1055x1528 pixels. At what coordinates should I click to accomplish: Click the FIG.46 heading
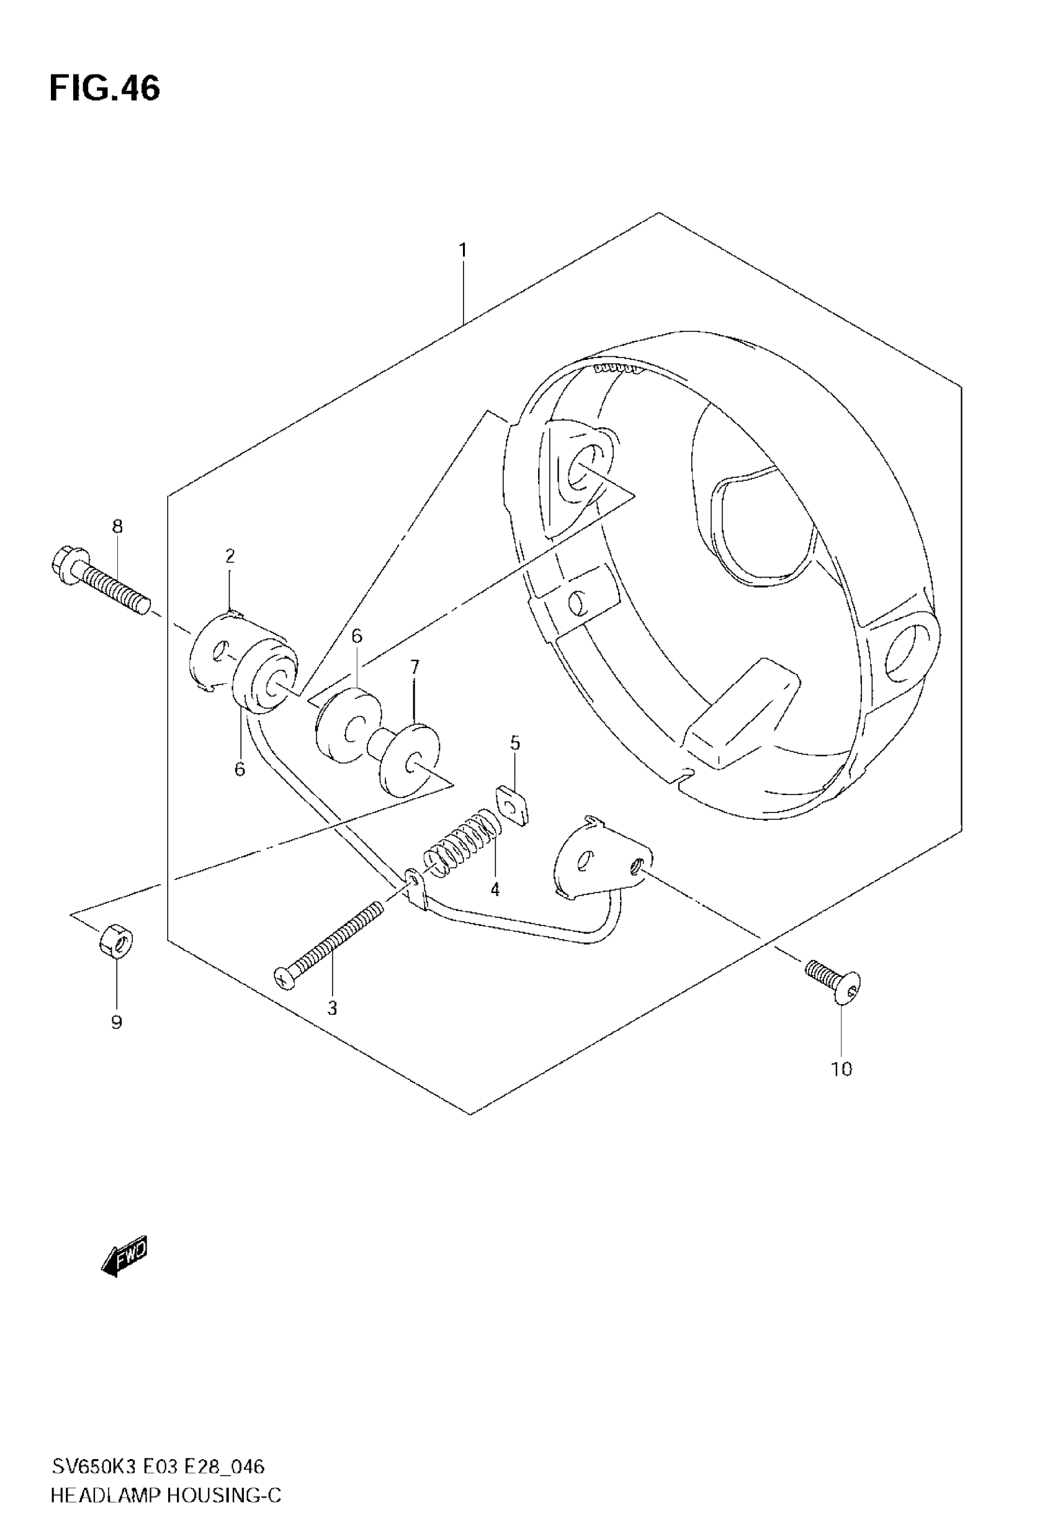104,89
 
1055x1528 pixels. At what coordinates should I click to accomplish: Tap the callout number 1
463,251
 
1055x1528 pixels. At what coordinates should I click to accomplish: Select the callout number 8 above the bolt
117,526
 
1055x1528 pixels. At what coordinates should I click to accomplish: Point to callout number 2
230,556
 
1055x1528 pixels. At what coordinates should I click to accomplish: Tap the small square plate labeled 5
513,805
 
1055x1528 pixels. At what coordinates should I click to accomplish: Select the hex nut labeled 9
115,940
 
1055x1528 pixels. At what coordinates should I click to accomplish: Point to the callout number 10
841,1069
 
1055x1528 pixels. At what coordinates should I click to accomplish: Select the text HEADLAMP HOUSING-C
166,1496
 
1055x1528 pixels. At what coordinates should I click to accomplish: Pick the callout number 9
116,1022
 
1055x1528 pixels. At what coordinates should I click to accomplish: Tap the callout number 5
515,743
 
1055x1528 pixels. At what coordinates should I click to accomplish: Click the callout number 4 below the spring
495,889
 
